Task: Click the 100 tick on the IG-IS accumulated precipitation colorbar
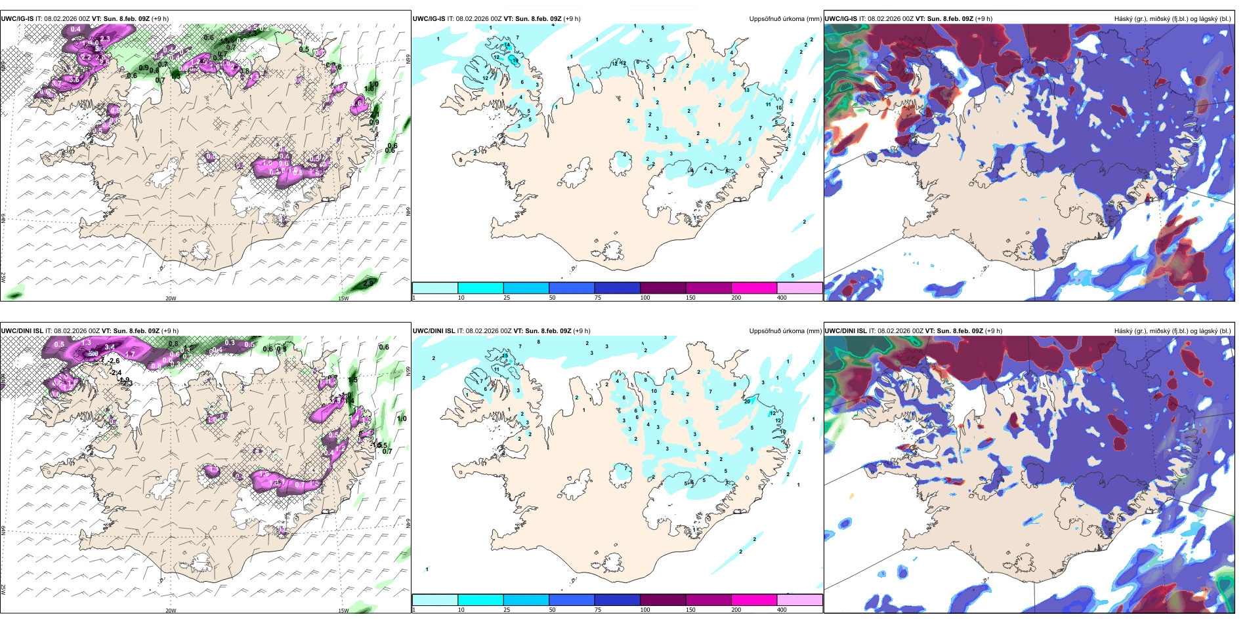click(645, 298)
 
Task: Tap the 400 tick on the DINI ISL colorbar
click(782, 610)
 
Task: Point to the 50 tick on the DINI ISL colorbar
click(552, 610)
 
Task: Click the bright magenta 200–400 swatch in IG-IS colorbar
click(754, 288)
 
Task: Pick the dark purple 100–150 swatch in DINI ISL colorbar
click(663, 600)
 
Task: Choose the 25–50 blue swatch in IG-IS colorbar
click(526, 288)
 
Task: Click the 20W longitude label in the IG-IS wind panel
click(171, 298)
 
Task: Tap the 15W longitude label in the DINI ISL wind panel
click(343, 611)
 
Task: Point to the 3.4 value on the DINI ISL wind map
click(110, 347)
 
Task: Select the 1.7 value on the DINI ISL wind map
click(130, 354)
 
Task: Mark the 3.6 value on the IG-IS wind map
click(74, 80)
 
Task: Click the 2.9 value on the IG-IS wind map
click(368, 283)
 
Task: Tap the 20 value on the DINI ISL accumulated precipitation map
click(747, 401)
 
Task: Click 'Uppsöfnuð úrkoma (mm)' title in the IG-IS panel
click(785, 19)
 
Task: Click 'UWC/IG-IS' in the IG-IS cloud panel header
click(841, 19)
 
